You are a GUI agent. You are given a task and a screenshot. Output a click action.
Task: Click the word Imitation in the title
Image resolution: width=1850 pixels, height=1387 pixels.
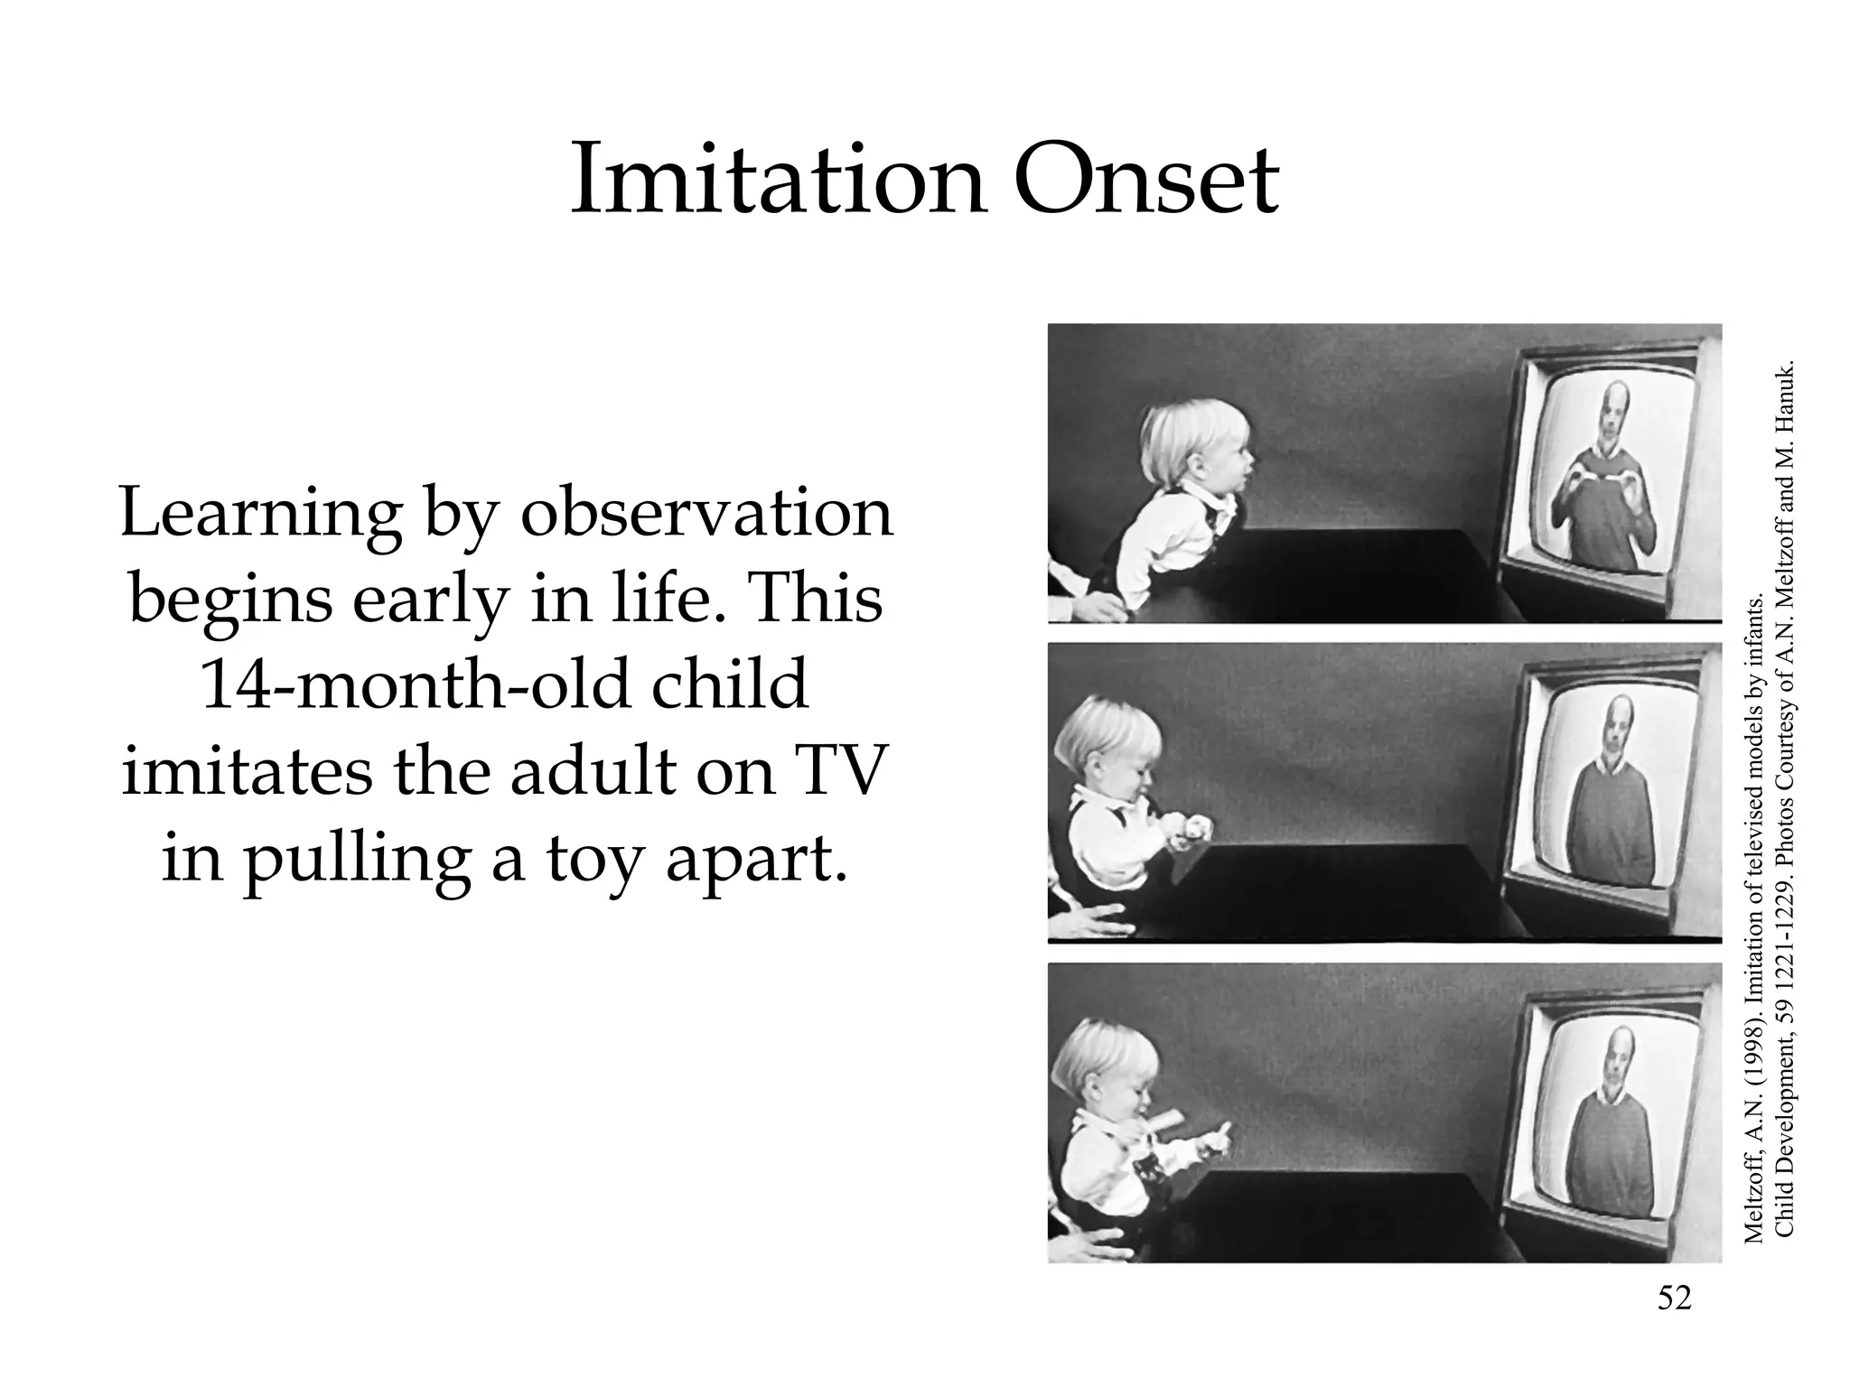click(x=777, y=181)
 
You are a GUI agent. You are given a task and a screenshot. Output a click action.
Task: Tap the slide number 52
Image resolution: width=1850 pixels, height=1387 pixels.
click(x=1674, y=1298)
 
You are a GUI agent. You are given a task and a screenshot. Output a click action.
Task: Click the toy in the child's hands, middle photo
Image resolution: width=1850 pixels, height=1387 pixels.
click(x=1191, y=831)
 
